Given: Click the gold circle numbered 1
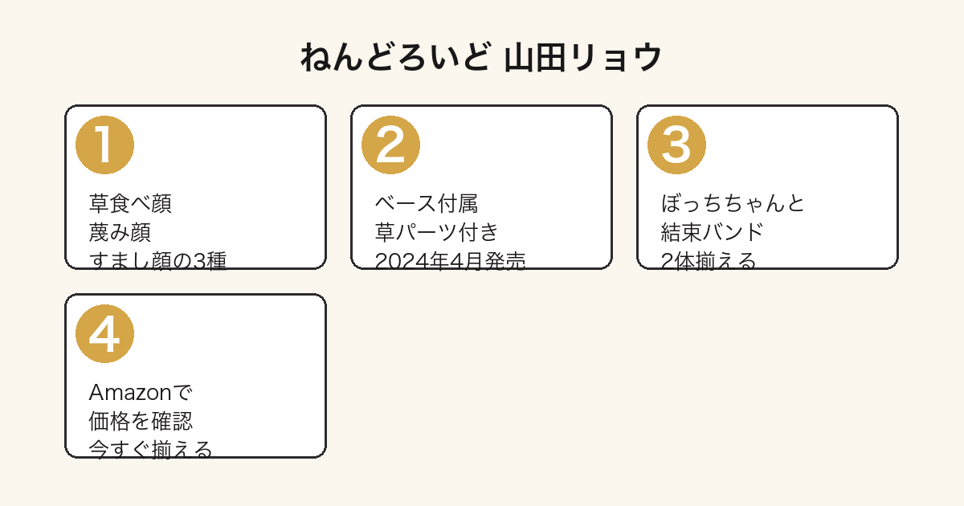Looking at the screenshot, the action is (x=104, y=145).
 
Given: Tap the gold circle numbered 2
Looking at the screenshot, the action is (x=390, y=145).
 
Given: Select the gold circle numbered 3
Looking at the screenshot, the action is (x=676, y=145).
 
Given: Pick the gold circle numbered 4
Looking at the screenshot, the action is (x=104, y=334).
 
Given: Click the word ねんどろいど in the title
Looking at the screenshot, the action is (x=395, y=57).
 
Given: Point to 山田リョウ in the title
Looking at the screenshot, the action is (x=583, y=57).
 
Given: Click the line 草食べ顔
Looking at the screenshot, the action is (x=130, y=203).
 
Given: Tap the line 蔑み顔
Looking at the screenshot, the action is (x=120, y=232).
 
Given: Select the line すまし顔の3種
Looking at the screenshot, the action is (x=157, y=260).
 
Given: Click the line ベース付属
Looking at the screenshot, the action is (x=427, y=203).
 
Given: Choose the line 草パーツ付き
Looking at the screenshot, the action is (x=437, y=232).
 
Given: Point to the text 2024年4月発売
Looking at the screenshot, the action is (x=450, y=260).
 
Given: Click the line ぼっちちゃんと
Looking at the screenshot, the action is (x=733, y=203).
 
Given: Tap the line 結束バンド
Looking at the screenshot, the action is (x=713, y=232).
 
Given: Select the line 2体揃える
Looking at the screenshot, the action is (x=709, y=260).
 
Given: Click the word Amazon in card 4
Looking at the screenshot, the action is (x=130, y=393).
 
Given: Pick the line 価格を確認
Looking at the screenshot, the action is (x=141, y=421).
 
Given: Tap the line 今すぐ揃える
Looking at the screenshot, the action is (x=151, y=450).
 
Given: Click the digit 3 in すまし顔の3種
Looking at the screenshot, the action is (x=199, y=261).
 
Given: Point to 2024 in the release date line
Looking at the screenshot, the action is (x=396, y=261).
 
